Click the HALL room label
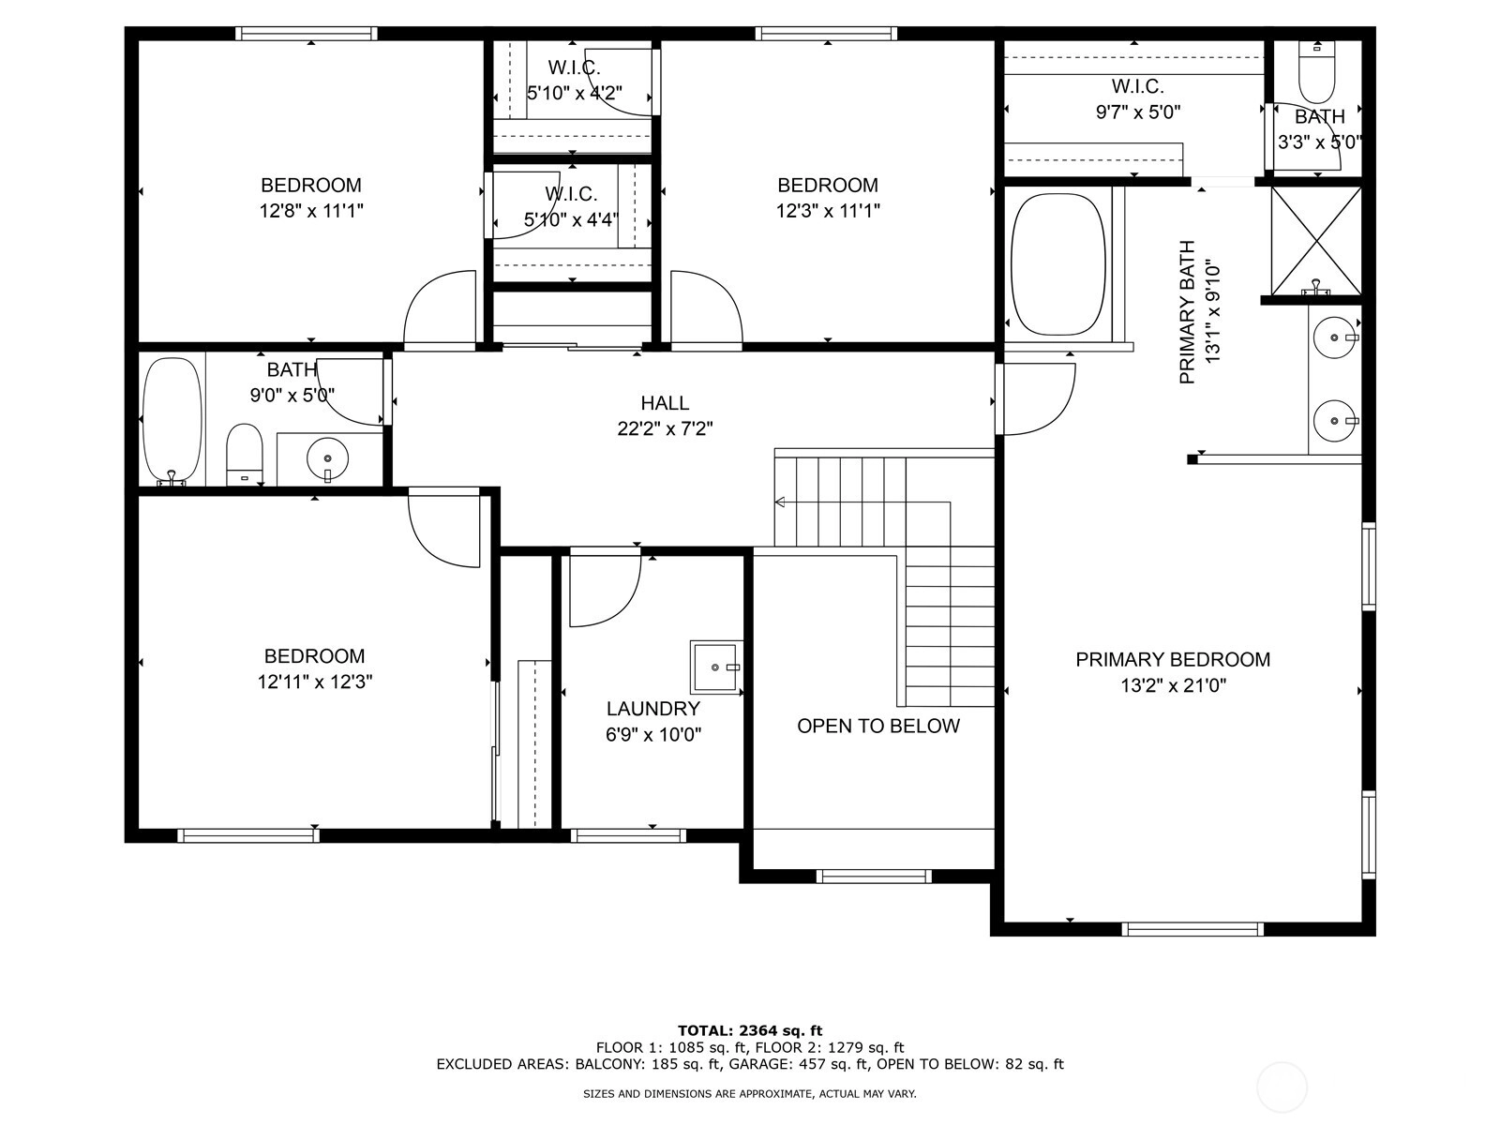[665, 403]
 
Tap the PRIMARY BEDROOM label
[1173, 660]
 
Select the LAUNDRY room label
[653, 709]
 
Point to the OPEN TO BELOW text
[878, 726]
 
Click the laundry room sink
[715, 667]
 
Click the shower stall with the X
[1315, 241]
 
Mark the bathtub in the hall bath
[172, 420]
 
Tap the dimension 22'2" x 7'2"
[665, 429]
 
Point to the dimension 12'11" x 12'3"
[314, 682]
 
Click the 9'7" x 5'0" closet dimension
[1138, 112]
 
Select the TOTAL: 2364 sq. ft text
[750, 1030]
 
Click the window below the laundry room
[628, 835]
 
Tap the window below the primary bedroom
[1192, 929]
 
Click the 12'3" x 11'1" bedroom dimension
[828, 211]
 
